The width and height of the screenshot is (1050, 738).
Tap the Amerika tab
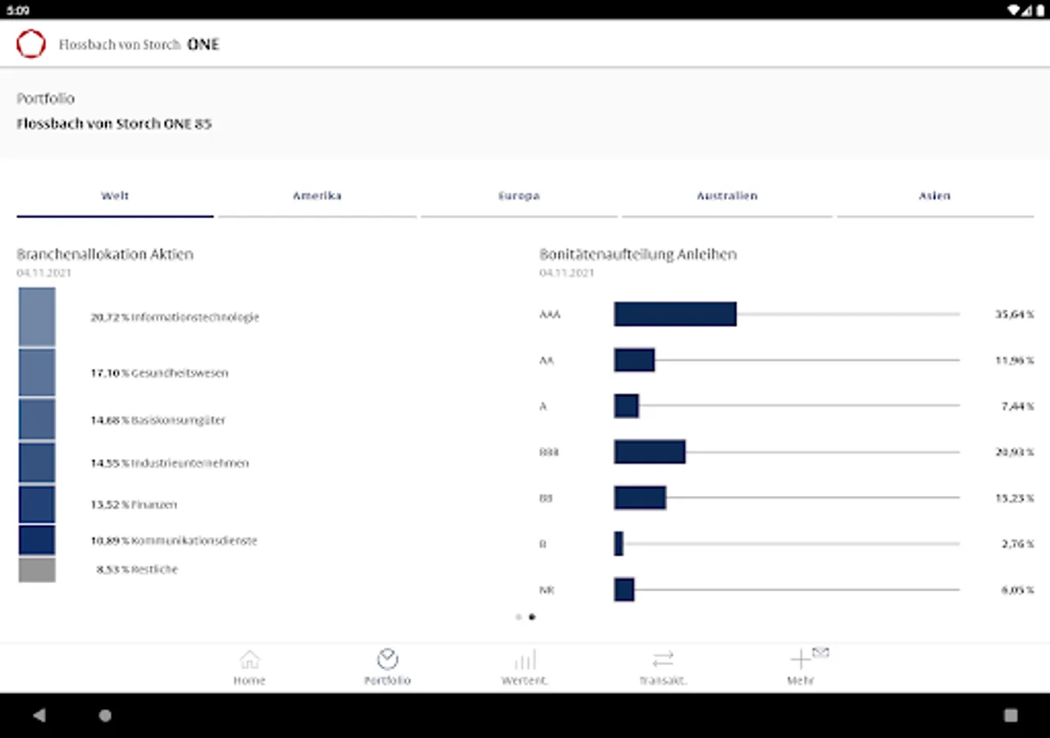pyautogui.click(x=317, y=196)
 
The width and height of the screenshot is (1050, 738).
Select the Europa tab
pyautogui.click(x=518, y=196)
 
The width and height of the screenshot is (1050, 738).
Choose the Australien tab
pyautogui.click(x=727, y=196)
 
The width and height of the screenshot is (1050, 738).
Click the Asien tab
pyautogui.click(x=934, y=196)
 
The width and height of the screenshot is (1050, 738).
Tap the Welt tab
pyautogui.click(x=115, y=196)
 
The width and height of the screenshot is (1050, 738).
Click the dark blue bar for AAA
pyautogui.click(x=674, y=314)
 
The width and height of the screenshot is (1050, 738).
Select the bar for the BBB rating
pyautogui.click(x=649, y=452)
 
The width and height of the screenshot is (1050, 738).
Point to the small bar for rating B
pyautogui.click(x=619, y=544)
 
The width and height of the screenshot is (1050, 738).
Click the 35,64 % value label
pyautogui.click(x=1015, y=314)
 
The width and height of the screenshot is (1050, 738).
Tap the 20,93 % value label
pyautogui.click(x=1015, y=452)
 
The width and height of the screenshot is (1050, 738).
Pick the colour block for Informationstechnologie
pyautogui.click(x=37, y=317)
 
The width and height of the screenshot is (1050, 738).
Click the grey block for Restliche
pyautogui.click(x=37, y=570)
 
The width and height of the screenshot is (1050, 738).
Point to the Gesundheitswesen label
pyautogui.click(x=180, y=373)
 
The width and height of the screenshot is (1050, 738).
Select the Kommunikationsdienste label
pyautogui.click(x=194, y=541)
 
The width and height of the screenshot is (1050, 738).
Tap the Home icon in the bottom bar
pyautogui.click(x=249, y=659)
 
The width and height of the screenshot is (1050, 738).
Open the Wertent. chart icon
pyautogui.click(x=525, y=659)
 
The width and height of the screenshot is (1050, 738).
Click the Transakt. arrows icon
pyautogui.click(x=663, y=659)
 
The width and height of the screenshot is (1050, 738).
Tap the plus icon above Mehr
pyautogui.click(x=800, y=659)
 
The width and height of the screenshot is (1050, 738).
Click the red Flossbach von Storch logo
pyautogui.click(x=31, y=44)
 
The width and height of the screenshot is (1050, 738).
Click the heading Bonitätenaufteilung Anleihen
pyautogui.click(x=638, y=254)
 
